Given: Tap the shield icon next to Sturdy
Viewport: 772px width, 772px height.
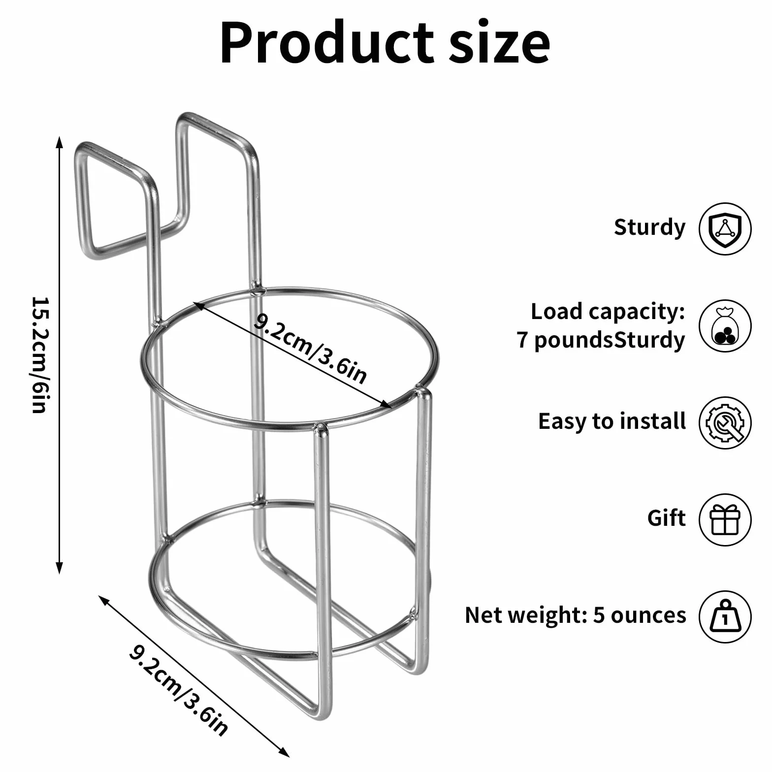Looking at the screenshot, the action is click(725, 228).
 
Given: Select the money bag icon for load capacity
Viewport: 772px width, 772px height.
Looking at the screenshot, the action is click(725, 325).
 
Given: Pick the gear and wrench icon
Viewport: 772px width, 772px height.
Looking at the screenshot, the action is click(725, 422).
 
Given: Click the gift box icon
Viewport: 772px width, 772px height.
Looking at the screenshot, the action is click(725, 519).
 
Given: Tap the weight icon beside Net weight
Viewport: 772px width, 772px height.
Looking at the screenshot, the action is click(725, 616).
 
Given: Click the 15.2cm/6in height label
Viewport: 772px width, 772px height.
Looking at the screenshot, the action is click(39, 354).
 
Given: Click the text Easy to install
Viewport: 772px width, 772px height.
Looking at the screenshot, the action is click(611, 421).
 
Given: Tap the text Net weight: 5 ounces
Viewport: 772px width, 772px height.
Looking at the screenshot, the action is click(575, 615).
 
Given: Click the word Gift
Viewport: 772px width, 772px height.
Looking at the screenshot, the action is click(666, 518).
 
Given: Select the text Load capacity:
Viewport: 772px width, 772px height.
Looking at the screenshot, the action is click(608, 312).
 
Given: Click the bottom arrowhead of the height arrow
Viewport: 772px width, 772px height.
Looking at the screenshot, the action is click(60, 568).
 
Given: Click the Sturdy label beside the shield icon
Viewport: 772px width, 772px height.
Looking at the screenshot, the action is click(649, 227).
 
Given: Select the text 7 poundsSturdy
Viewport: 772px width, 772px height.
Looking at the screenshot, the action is click(601, 340).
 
